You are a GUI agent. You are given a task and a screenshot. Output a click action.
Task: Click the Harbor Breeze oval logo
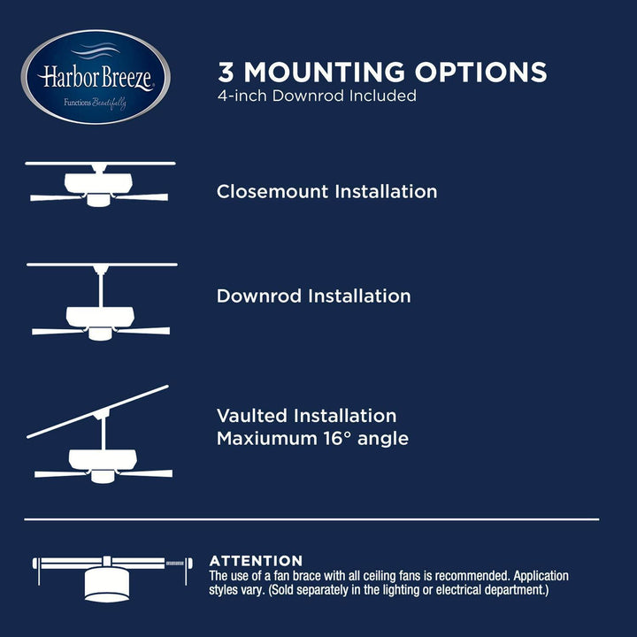tap(96, 77)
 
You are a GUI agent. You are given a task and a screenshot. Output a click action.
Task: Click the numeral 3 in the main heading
tap(226, 72)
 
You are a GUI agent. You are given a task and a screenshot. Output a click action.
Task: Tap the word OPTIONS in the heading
tap(480, 72)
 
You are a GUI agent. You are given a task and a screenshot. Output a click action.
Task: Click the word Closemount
tap(272, 191)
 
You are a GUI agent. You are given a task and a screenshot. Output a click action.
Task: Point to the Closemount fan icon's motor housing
tap(98, 183)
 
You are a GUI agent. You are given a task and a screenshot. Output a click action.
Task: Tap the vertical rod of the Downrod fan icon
tap(101, 290)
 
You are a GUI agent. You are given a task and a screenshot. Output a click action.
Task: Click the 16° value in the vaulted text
tap(337, 438)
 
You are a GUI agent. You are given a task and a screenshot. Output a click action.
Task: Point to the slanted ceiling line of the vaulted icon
tap(97, 411)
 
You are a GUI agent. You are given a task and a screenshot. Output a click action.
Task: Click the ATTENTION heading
tap(256, 561)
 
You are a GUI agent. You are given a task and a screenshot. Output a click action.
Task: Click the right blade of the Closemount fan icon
tap(142, 197)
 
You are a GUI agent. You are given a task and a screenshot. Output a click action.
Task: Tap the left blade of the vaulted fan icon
tap(61, 473)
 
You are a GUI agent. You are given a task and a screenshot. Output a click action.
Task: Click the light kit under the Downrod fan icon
tap(100, 334)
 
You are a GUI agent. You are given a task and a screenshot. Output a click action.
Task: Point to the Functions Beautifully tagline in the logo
tap(95, 103)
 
